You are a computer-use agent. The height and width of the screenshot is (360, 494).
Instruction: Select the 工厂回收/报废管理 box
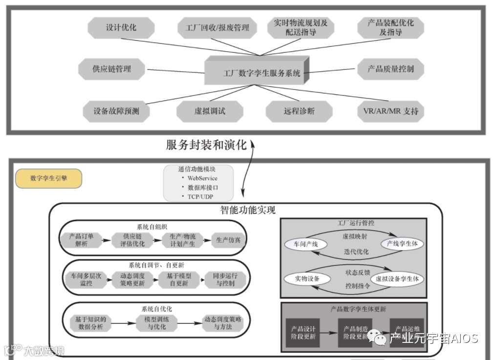[217, 28]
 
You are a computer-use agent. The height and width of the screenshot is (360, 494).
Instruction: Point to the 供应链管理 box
[112, 69]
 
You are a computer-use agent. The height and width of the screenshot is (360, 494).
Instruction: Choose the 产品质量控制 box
[390, 69]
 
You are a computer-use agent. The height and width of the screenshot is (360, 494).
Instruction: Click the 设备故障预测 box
[116, 111]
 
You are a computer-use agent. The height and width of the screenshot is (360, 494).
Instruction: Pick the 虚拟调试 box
[210, 111]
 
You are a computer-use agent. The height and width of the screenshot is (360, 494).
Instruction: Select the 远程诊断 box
[299, 111]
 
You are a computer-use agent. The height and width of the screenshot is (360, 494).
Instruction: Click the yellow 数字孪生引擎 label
[49, 179]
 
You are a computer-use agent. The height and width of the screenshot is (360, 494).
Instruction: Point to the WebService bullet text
[202, 178]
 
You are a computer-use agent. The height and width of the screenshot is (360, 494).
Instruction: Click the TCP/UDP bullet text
[200, 196]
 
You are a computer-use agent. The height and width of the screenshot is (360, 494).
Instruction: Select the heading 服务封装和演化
[206, 145]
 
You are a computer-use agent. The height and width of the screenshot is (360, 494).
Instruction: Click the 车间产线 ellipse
[302, 243]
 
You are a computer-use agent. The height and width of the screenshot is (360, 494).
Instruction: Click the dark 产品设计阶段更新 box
[303, 333]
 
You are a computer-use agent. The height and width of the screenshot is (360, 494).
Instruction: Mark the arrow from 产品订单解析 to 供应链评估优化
[105, 240]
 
